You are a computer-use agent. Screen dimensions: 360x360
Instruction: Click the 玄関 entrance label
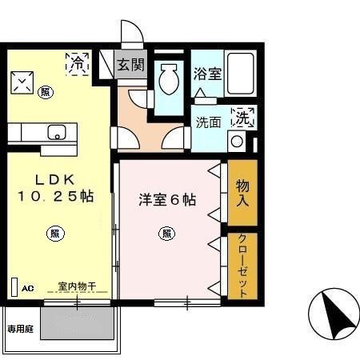pyautogui.click(x=128, y=64)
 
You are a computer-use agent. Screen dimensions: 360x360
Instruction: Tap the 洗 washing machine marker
pyautogui.click(x=243, y=117)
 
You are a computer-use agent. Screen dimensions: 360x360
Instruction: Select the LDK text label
pyautogui.click(x=50, y=179)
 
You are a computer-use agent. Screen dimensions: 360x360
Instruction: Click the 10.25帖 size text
pyautogui.click(x=54, y=196)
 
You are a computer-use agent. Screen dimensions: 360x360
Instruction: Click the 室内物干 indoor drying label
pyautogui.click(x=77, y=286)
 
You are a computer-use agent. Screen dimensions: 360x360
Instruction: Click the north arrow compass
pyautogui.click(x=334, y=314)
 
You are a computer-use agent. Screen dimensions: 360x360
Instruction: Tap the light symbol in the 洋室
pyautogui.click(x=166, y=234)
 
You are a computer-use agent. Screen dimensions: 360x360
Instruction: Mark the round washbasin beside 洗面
pyautogui.click(x=237, y=142)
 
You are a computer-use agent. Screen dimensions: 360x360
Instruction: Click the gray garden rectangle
pyautogui.click(x=78, y=324)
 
